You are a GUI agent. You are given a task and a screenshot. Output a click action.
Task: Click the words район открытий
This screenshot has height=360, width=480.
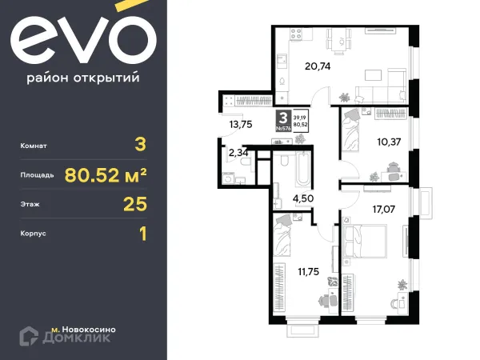[84, 78]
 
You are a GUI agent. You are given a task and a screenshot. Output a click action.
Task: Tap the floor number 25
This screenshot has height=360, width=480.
[136, 206]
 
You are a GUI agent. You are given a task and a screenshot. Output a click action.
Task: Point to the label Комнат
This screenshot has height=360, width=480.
[36, 146]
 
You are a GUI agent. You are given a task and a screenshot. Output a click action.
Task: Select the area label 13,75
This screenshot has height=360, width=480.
[241, 125]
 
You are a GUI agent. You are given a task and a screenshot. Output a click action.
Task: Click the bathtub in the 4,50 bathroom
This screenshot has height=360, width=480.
[301, 169]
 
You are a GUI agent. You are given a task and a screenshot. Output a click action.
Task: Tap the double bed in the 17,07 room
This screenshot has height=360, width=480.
[367, 239]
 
